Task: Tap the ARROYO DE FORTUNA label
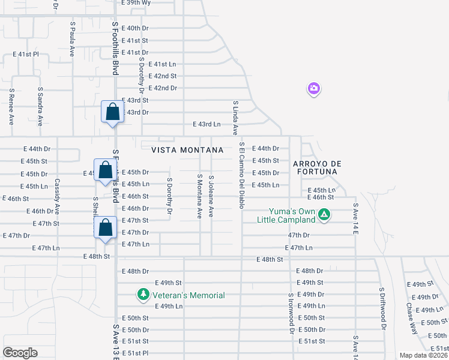pos(317,167)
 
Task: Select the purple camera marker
pos(313,89)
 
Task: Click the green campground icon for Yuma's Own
pos(324,214)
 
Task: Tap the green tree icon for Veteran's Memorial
pos(143,295)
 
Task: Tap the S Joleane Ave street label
pos(211,196)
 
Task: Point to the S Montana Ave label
pos(199,196)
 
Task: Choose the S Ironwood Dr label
pos(291,313)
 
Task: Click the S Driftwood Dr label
pos(381,308)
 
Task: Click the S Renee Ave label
pos(11,107)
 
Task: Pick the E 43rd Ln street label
pos(206,124)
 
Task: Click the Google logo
pos(20,353)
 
